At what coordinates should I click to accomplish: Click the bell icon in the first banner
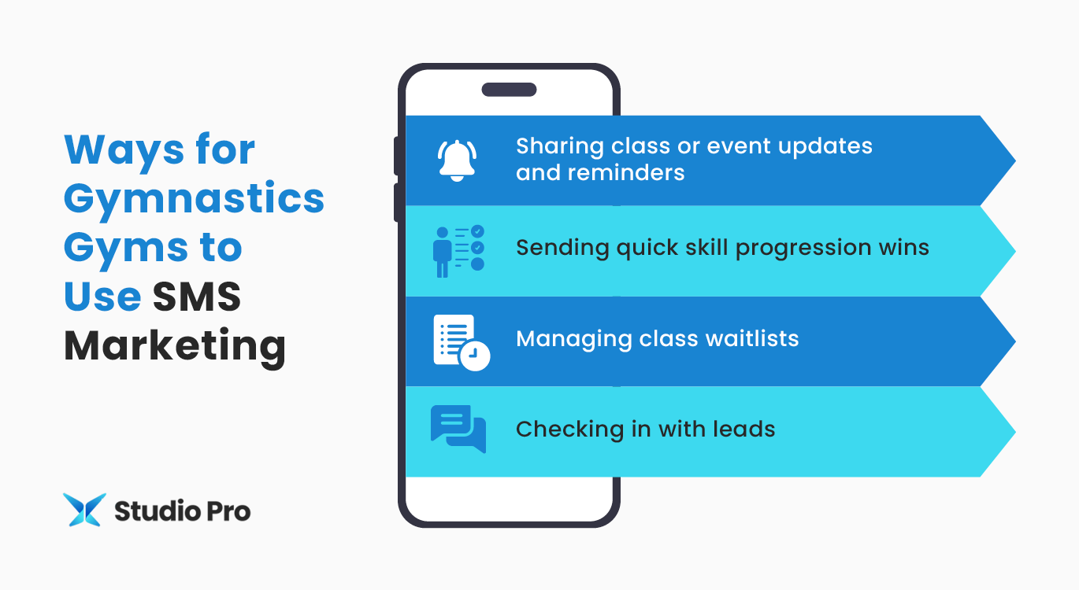coord(458,160)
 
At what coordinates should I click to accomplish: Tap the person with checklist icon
coord(458,251)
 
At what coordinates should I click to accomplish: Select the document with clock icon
coord(461,342)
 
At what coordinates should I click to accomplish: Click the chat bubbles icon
coord(458,430)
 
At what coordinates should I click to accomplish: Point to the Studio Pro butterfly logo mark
coord(83,511)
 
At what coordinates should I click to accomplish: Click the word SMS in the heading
coord(197,297)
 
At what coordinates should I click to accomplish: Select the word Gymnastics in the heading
coord(194,199)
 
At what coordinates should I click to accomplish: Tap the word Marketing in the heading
coord(174,346)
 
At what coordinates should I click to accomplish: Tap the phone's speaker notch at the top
coord(509,90)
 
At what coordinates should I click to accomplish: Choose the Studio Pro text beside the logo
coord(182,511)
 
